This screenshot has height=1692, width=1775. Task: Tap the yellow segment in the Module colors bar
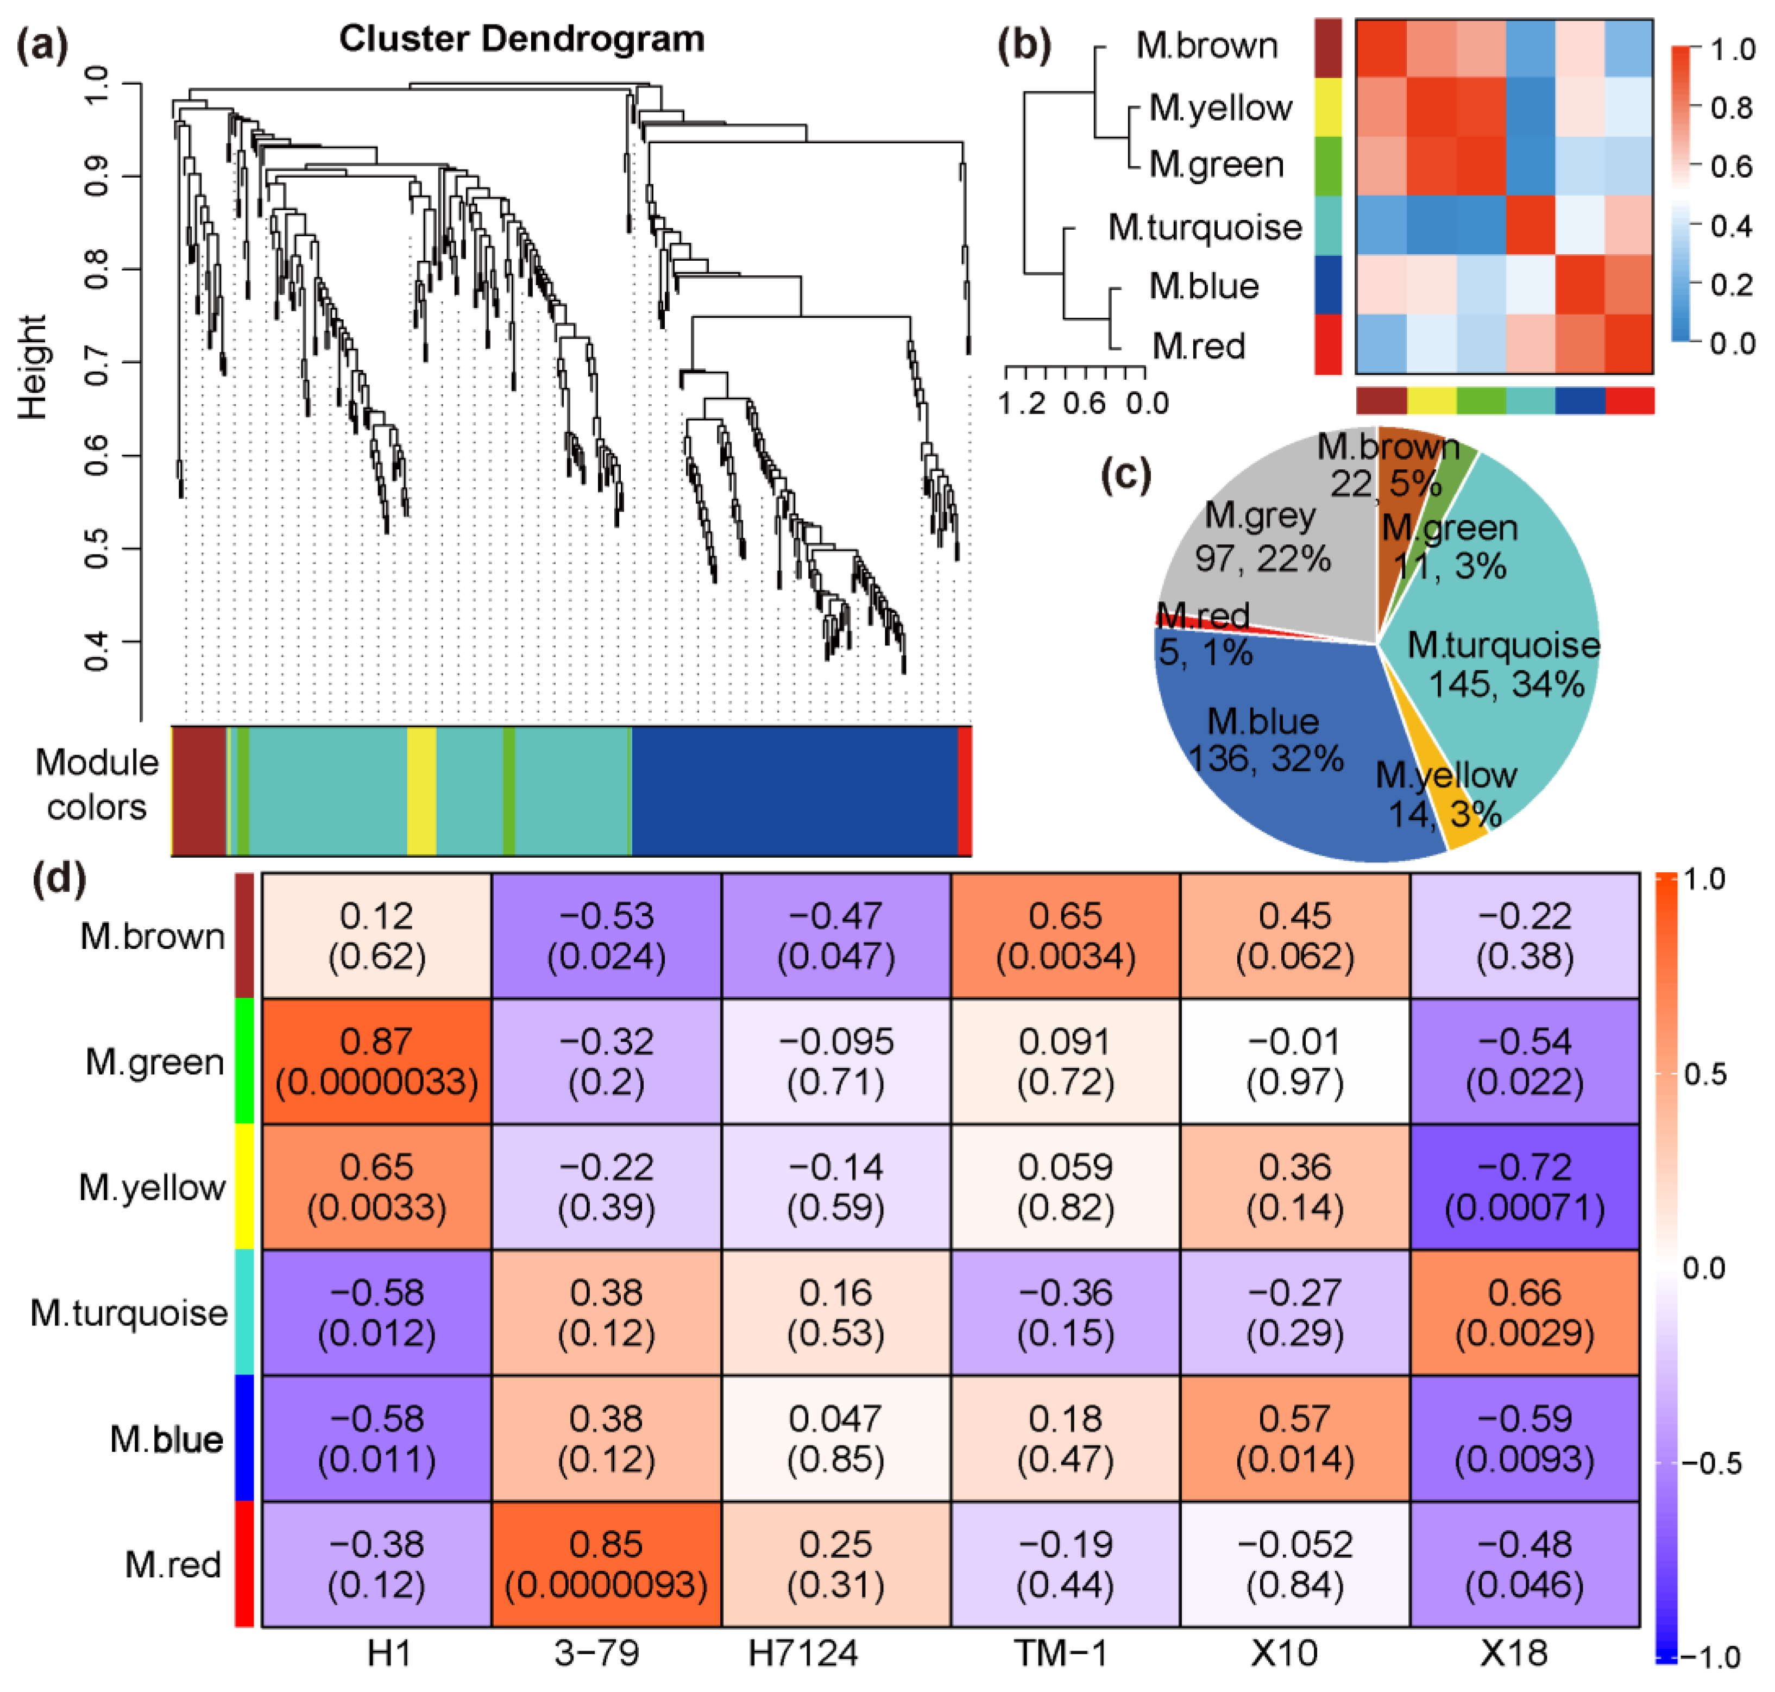click(421, 790)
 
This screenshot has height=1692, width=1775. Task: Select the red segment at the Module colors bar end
click(964, 790)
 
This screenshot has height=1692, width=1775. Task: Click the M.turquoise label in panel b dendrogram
click(1205, 227)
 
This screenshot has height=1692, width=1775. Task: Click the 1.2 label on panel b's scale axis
click(1022, 403)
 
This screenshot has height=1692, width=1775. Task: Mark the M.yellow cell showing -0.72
click(1524, 1187)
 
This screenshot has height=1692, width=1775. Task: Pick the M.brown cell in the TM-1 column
click(1065, 935)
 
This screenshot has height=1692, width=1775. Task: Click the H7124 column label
click(803, 1653)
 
